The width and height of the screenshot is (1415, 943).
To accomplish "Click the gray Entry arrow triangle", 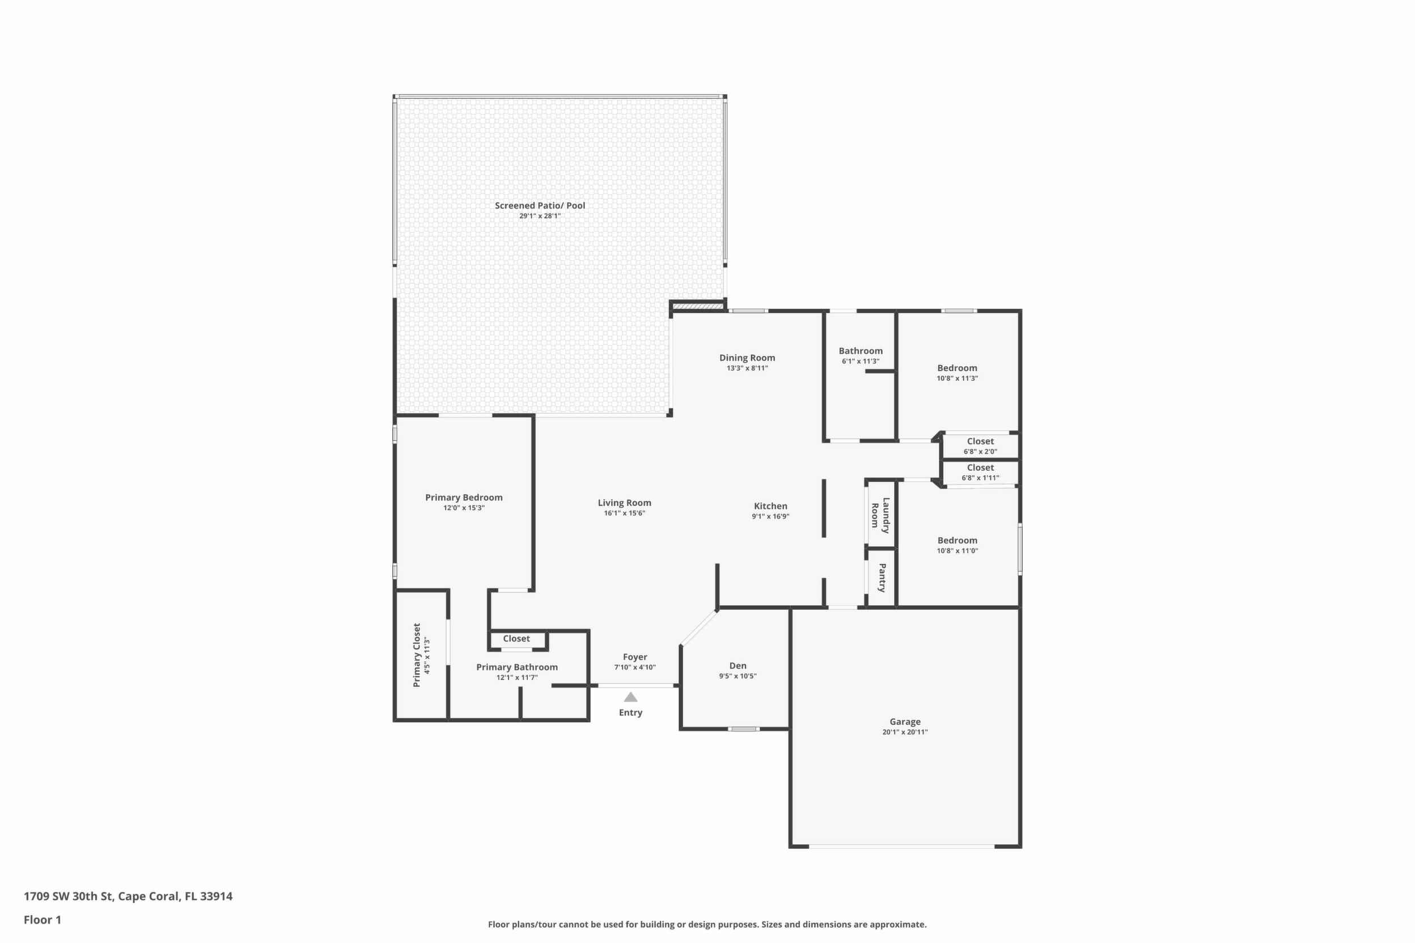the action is pos(630,697).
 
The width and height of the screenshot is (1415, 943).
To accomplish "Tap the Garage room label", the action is pos(905,721).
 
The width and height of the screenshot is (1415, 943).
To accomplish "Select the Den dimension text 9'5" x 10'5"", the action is pos(738,676).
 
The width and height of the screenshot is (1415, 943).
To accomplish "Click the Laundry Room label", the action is pos(880,515).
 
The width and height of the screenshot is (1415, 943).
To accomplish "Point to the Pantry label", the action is pos(882,578).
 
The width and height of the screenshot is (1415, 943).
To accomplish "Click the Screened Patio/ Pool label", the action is pos(540,206).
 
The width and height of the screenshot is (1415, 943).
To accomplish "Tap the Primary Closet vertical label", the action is pos(416,655).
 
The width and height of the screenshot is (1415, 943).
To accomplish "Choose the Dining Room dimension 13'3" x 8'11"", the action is pos(747,368).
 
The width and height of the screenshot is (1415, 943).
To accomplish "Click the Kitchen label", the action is pos(770,507).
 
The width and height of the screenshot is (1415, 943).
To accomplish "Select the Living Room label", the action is pos(625,503).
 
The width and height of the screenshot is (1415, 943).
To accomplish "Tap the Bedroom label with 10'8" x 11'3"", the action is pos(957,368).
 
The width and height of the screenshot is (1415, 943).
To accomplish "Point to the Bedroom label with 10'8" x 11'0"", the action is pos(957,540).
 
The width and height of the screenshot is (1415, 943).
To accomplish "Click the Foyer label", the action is pos(635,657).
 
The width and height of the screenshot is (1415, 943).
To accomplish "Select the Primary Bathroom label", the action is pos(517,667).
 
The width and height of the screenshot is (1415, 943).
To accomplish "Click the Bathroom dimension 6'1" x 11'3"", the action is pos(861,362).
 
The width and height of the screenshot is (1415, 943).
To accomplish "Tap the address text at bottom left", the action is pos(128,896).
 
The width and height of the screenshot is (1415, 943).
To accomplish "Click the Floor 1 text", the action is pos(42,920).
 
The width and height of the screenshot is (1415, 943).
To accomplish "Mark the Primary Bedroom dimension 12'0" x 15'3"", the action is pos(464,508).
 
